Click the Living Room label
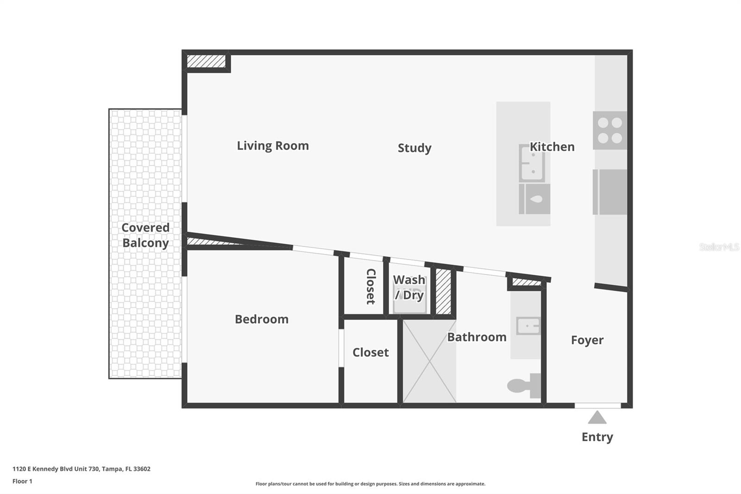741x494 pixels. coord(273,146)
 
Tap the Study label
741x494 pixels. coord(414,148)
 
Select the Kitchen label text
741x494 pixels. coord(552,147)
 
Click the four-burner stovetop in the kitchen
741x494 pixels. coord(610,130)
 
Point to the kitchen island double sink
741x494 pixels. coord(532,163)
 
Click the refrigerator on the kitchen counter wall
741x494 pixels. coord(610,192)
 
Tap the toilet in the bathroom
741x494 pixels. coord(524,386)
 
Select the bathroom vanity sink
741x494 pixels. coord(528,326)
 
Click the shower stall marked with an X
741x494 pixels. coord(429,361)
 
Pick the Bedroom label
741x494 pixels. coord(262,319)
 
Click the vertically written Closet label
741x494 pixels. coord(370,286)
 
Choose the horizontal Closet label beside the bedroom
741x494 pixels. coord(370,353)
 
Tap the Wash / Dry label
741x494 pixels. coord(409,287)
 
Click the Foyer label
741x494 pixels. coord(587,340)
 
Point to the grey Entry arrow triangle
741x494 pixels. coord(597,418)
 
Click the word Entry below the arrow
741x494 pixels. coord(597,437)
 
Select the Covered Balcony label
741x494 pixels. coord(145,235)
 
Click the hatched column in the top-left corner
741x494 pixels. coord(206,61)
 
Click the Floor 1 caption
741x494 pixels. coord(22,481)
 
